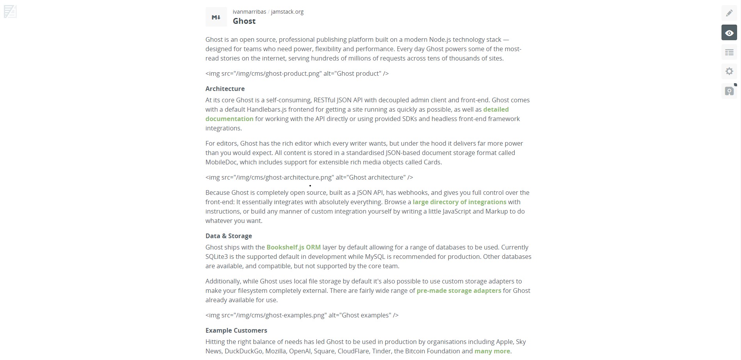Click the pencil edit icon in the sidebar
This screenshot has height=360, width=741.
[x=729, y=13]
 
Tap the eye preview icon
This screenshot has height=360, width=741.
[x=729, y=33]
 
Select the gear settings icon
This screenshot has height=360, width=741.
[x=729, y=71]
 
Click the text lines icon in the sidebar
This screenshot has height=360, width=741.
[x=729, y=52]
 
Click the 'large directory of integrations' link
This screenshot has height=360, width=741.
[x=459, y=202]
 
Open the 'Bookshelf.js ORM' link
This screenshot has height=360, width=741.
[x=293, y=248]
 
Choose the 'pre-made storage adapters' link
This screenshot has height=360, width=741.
[x=458, y=291]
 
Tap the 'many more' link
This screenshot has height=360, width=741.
[x=492, y=351]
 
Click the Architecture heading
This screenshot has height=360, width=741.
[x=225, y=89]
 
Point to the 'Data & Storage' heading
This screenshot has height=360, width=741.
[x=229, y=236]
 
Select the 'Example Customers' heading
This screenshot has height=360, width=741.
[x=236, y=331]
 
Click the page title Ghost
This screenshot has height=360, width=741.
[x=244, y=21]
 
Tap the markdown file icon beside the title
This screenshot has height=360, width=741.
[x=216, y=17]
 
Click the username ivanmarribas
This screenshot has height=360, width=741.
[x=249, y=12]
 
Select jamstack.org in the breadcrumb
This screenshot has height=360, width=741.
[x=287, y=12]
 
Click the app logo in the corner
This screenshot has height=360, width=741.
[x=10, y=12]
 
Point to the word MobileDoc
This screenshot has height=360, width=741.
[x=221, y=162]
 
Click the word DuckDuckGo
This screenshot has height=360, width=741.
[x=243, y=351]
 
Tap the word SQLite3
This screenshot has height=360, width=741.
[x=217, y=257]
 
